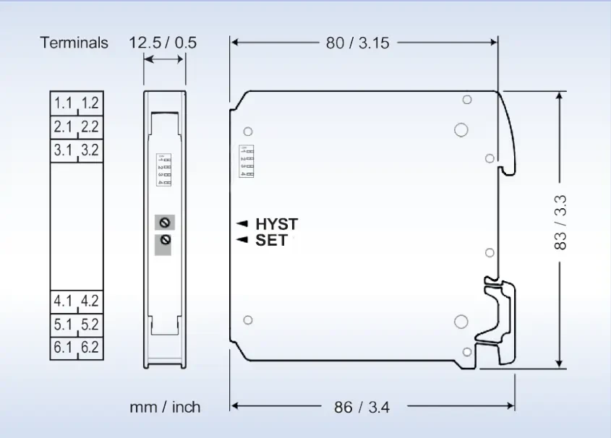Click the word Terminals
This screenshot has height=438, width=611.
74,43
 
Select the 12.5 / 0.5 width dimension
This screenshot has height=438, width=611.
163,43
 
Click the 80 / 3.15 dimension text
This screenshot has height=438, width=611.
357,43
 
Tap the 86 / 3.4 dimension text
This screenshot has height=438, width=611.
362,408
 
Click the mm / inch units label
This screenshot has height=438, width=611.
165,408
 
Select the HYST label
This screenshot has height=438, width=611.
276,224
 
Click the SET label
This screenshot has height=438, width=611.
271,240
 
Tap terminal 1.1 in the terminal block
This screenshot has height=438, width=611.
64,103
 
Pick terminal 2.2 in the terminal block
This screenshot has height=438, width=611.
90,127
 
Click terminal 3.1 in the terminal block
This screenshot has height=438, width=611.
64,150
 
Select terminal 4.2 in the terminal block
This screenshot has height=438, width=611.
90,301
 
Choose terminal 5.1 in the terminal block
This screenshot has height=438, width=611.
64,325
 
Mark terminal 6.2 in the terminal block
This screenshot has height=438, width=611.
90,348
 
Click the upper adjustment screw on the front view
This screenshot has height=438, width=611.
164,223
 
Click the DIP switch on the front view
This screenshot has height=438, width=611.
164,169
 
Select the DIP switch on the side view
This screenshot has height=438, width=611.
247,161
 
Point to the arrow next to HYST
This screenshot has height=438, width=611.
242,224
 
